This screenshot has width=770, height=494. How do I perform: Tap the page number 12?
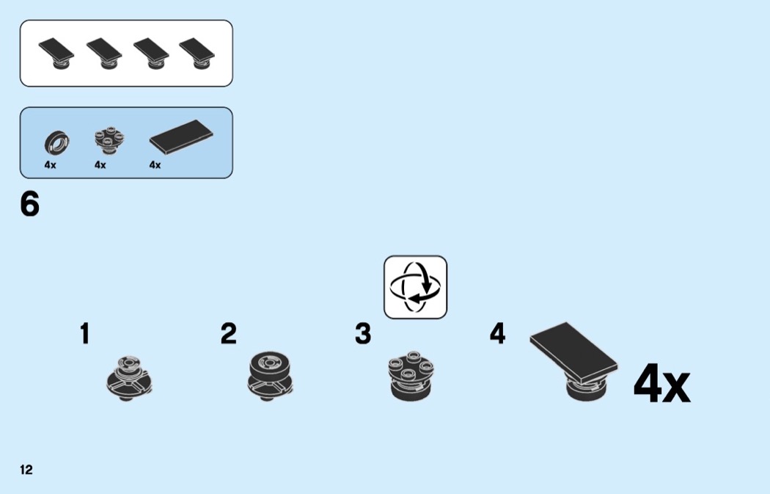coord(26,470)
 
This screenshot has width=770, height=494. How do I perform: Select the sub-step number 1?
coord(85,333)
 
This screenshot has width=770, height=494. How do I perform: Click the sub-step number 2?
coord(228,333)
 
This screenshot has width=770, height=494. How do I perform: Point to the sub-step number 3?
coord(363,333)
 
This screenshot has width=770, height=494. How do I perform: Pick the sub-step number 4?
coord(497,333)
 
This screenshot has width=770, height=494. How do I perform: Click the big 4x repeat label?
coord(661,383)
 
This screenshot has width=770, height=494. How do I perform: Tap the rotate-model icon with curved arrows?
coord(416,287)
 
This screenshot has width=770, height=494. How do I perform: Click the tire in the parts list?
coord(56,142)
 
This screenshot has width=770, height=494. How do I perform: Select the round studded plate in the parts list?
coord(109,141)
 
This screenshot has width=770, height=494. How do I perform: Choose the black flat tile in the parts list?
coord(181,136)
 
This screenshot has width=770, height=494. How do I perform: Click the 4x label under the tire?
coord(50,165)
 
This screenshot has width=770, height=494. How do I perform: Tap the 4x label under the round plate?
coord(100,165)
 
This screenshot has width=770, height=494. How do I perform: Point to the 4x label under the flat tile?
coord(155,165)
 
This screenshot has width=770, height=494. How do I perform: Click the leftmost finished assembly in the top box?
coord(56,54)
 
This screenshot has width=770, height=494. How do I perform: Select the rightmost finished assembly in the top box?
coord(197,54)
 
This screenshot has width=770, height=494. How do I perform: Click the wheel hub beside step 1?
coord(129,377)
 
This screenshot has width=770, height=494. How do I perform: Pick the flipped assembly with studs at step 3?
coord(411,377)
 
